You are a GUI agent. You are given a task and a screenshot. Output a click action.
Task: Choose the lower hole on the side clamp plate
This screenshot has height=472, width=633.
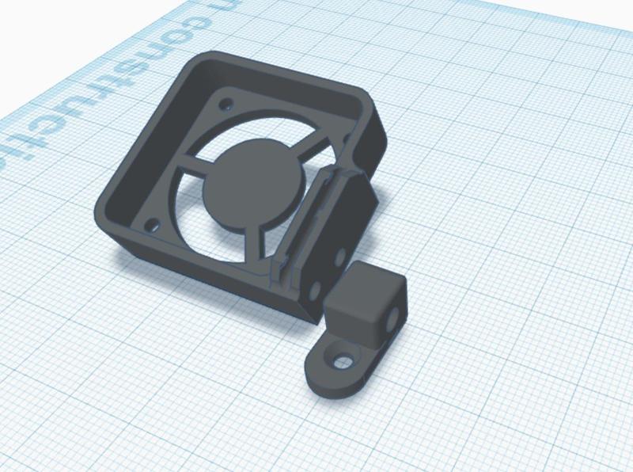(x=317, y=288)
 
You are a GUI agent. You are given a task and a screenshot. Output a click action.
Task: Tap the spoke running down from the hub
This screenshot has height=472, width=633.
(x=257, y=238)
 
